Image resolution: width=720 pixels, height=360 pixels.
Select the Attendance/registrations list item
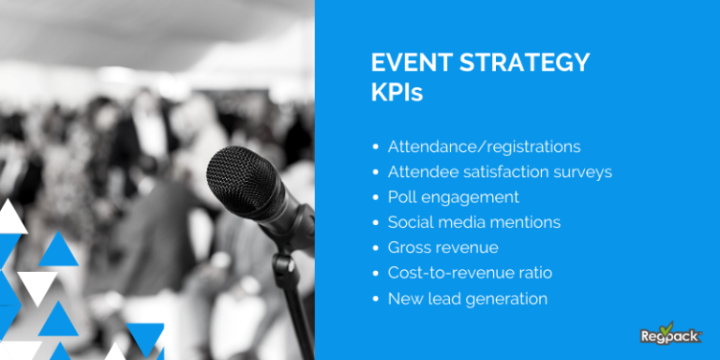pyautogui.click(x=484, y=147)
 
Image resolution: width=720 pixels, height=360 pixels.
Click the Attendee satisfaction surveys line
pyautogui.click(x=500, y=172)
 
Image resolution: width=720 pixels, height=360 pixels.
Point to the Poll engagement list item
pyautogui.click(x=453, y=198)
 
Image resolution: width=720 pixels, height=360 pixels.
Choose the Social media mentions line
pyautogui.click(x=473, y=223)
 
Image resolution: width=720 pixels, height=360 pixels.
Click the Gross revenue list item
pyautogui.click(x=442, y=248)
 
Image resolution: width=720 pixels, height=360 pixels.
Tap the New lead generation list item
pyautogui.click(x=467, y=299)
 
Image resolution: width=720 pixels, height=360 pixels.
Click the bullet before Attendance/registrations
pyautogui.click(x=376, y=148)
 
